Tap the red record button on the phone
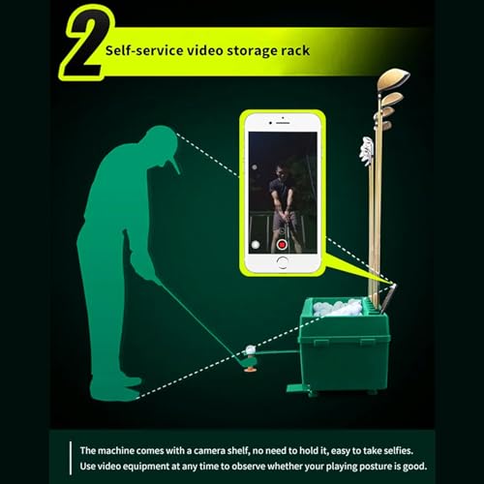[x=282, y=244]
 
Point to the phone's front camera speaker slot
[x=282, y=123]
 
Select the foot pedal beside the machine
[x=294, y=388]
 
